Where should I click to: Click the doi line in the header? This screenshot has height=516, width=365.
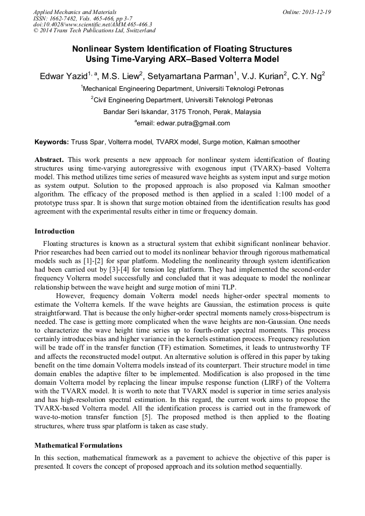(93, 24)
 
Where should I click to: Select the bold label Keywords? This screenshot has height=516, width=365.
(51, 142)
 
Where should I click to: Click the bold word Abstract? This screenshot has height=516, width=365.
(49, 160)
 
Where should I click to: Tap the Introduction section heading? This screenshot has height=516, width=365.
(54, 231)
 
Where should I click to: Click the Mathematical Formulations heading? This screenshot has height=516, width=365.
(78, 446)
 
